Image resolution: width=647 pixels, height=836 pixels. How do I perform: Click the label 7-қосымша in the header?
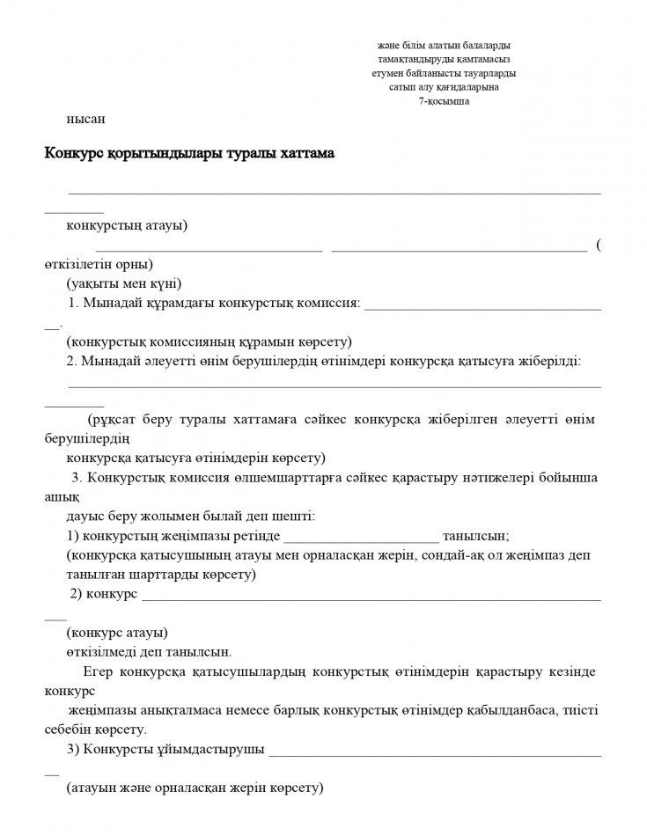point(444,101)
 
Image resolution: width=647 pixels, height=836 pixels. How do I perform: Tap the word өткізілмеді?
point(104,652)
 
